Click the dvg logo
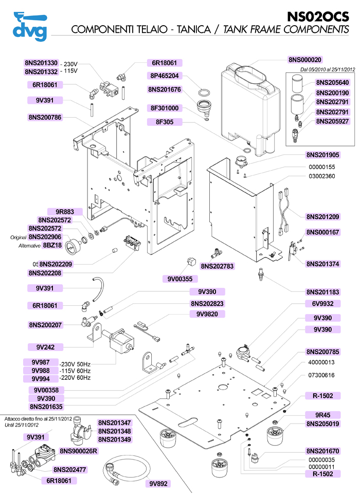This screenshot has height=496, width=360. [x=29, y=26]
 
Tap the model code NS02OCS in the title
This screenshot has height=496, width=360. [x=317, y=15]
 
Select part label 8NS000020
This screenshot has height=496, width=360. [x=308, y=60]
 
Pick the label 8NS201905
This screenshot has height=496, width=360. [x=323, y=155]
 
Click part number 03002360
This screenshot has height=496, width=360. [x=322, y=176]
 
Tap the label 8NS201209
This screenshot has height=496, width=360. [x=323, y=216]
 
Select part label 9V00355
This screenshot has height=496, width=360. [x=180, y=279]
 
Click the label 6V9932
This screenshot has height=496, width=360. [x=323, y=304]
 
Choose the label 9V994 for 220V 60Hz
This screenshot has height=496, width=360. [x=40, y=378]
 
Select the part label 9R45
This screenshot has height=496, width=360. [x=323, y=415]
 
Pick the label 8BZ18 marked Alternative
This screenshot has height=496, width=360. [x=52, y=245]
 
